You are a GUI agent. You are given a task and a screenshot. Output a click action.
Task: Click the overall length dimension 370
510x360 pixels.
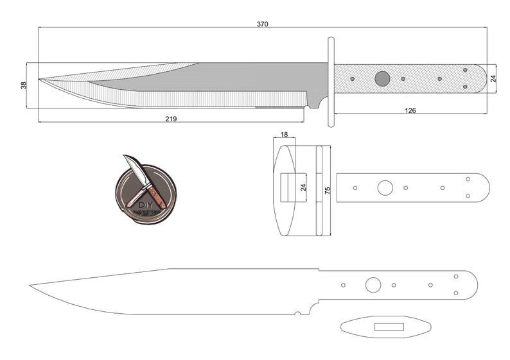262,24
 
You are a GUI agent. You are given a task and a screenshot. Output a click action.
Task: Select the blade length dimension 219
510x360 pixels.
171,119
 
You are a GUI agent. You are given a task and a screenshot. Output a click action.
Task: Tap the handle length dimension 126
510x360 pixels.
410,110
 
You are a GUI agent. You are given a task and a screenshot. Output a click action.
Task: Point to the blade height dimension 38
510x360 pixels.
24,85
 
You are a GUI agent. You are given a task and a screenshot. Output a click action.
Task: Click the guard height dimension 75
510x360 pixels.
328,191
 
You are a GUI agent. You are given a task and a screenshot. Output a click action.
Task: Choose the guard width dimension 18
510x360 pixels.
284,135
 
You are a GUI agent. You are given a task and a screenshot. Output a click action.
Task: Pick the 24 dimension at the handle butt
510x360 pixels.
493,78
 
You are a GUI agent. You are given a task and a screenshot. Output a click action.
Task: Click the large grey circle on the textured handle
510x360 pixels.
382,79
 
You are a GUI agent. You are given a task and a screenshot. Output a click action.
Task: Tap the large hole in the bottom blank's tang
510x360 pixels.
373,285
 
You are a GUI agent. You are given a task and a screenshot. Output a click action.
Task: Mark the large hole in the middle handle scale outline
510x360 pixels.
385,188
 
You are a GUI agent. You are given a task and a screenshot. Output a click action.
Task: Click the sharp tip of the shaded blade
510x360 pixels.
40,80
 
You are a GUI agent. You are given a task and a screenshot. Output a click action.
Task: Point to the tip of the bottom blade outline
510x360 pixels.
31,285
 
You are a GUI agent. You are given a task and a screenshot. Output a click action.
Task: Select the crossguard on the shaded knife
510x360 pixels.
331,81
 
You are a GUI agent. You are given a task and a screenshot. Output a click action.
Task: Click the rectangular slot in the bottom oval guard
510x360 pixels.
389,327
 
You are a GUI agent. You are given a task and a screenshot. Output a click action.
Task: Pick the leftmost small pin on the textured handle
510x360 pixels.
352,79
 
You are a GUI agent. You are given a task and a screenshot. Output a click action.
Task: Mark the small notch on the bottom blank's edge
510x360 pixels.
297,313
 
